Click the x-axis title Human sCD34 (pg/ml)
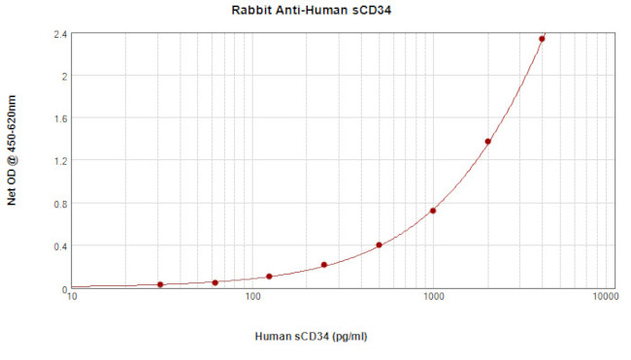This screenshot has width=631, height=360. click(x=312, y=337)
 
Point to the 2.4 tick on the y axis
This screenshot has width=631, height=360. click(x=60, y=34)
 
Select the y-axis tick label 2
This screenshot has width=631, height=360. click(x=64, y=76)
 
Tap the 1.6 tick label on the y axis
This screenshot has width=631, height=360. click(x=60, y=118)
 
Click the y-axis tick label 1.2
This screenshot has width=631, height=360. click(x=60, y=161)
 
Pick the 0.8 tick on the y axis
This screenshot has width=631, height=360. click(x=60, y=204)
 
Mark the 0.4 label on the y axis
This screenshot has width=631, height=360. click(x=60, y=246)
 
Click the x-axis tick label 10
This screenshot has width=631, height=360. click(x=72, y=298)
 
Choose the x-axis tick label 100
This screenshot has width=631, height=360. click(x=252, y=298)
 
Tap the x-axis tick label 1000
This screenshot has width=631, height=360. click(x=433, y=298)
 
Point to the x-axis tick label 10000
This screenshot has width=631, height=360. click(x=606, y=298)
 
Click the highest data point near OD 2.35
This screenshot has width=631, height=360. click(x=542, y=39)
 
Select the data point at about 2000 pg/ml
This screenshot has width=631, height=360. click(x=487, y=142)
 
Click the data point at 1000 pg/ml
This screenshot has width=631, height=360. click(x=433, y=211)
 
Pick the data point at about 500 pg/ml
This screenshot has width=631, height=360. click(x=379, y=245)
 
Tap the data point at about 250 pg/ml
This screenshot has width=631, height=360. click(x=324, y=265)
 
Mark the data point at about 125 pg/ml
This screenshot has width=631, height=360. click(x=269, y=277)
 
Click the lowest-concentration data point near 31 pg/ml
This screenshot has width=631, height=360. click(x=160, y=284)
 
